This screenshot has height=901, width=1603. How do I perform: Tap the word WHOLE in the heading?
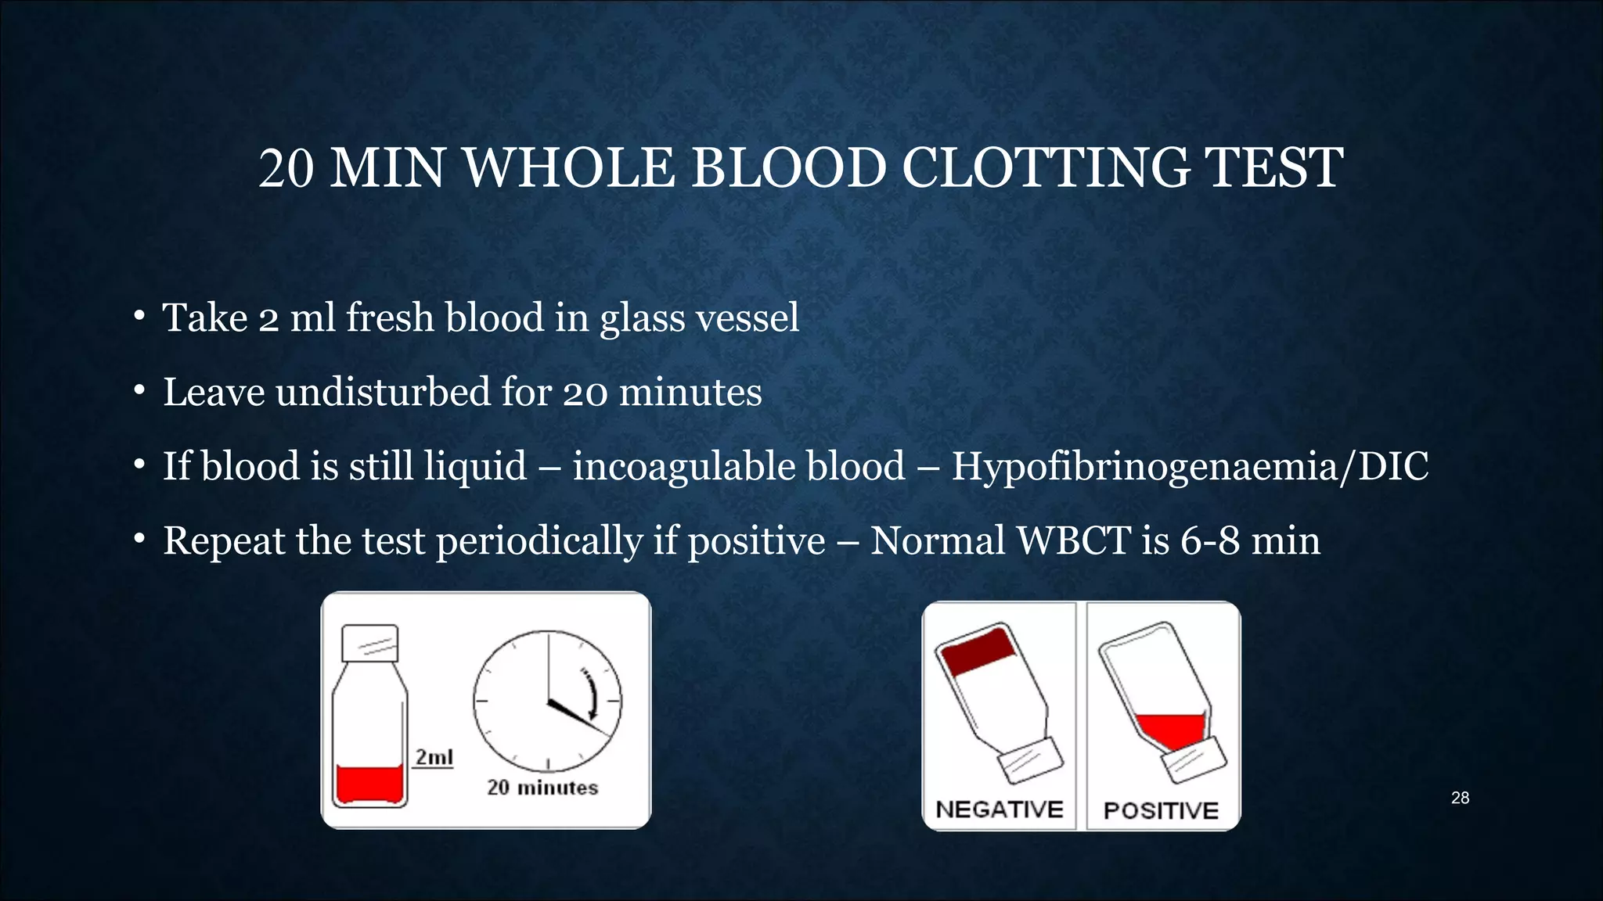[x=569, y=168]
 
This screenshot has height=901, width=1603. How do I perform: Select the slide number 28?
[x=1460, y=798]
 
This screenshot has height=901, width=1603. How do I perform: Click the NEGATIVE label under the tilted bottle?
[x=1000, y=809]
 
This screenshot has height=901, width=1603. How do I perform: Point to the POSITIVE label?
[x=1161, y=811]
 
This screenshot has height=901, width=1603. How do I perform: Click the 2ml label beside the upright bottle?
[x=434, y=757]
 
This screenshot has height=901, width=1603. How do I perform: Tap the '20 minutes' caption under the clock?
[x=542, y=788]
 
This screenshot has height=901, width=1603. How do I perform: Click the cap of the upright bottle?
[x=370, y=643]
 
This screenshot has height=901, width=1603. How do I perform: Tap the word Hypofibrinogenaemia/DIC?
[x=1190, y=466]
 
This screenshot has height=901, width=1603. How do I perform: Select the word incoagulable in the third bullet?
[x=739, y=466]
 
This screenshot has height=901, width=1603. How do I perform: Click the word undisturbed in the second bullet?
[x=383, y=392]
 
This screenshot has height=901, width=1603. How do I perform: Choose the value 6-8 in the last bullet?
[x=1210, y=540]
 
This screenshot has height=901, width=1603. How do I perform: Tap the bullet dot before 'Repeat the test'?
[x=139, y=539]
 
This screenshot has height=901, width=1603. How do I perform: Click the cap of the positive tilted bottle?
[x=1195, y=760]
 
